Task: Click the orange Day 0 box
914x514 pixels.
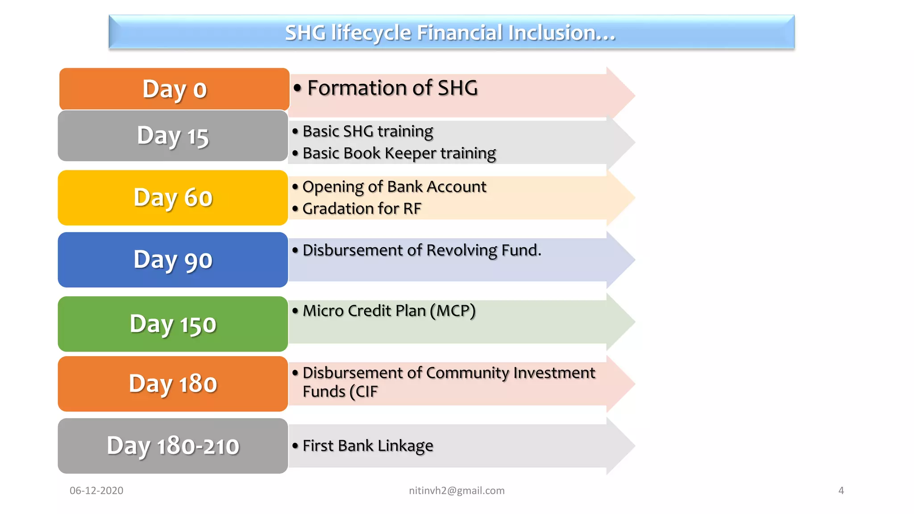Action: click(x=174, y=89)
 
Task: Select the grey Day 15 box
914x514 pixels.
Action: click(x=173, y=136)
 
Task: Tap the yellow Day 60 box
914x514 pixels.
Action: click(x=173, y=197)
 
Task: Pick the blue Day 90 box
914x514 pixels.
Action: click(x=173, y=259)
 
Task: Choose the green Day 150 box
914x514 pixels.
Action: click(x=173, y=323)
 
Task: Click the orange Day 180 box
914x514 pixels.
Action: click(x=173, y=383)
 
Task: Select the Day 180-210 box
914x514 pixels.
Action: click(x=173, y=445)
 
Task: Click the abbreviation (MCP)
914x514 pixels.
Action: click(x=453, y=311)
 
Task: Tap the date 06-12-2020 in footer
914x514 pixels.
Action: click(x=96, y=490)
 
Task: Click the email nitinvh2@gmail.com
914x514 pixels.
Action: click(x=457, y=490)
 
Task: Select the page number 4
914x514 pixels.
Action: click(x=841, y=490)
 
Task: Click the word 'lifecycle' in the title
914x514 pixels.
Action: click(x=371, y=33)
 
